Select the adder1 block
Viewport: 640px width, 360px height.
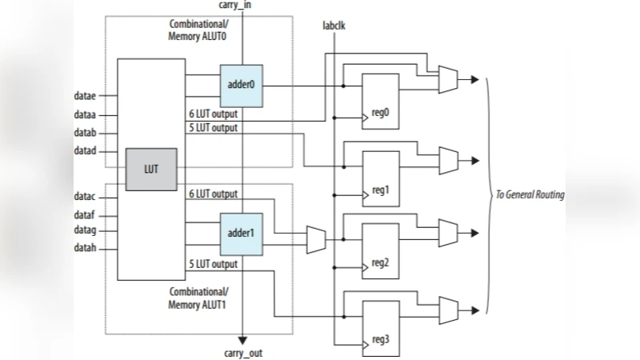point(241,234)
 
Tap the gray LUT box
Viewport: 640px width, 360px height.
point(151,170)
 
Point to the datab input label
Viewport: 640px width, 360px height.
point(85,133)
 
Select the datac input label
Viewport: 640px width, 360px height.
point(85,196)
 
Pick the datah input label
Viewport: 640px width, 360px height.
point(85,247)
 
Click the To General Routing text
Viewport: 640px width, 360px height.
point(529,195)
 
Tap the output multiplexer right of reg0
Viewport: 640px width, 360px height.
point(448,78)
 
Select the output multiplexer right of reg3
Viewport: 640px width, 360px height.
point(448,308)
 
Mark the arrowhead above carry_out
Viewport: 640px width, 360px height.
point(241,337)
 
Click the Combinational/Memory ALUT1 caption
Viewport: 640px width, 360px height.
point(198,298)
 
